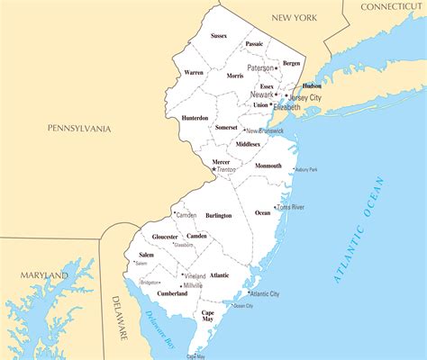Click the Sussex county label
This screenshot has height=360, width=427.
point(219,36)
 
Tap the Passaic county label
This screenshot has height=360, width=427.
point(254,43)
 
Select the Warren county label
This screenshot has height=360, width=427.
point(194,72)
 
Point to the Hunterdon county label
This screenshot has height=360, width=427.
point(195,118)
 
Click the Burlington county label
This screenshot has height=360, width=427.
point(218,216)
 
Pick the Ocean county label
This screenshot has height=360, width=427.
point(262,213)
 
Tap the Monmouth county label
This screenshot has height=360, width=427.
point(268,166)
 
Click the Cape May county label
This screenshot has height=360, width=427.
point(206,317)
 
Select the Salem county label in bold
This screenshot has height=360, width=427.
point(147,256)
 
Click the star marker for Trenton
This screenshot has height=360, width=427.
point(213,168)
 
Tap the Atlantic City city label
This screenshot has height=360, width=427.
point(265,294)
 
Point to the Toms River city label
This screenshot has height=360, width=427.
point(290,207)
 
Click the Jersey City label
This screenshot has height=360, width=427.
point(304,96)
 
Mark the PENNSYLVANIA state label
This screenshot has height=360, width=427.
point(80,130)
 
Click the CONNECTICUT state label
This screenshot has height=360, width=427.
point(391,6)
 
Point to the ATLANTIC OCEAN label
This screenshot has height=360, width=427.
point(360,229)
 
